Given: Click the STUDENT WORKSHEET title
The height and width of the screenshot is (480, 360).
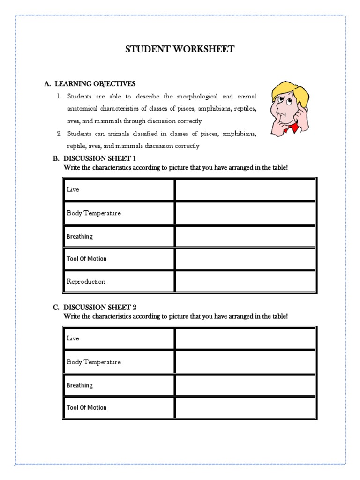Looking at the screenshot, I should pos(180,49).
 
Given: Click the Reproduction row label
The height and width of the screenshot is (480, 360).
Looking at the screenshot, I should pos(86,282).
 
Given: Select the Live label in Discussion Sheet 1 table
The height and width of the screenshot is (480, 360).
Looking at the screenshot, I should pos(73,190).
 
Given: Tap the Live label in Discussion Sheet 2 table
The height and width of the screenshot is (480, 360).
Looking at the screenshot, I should pos(73,338).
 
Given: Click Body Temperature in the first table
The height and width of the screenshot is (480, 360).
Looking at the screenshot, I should pos(93,213).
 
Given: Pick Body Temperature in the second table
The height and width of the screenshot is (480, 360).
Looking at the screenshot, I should pos(93,362).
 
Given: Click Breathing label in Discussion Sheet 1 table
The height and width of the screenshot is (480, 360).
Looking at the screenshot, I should pos(80,237).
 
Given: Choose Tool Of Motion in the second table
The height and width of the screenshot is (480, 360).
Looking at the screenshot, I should pos(86,408).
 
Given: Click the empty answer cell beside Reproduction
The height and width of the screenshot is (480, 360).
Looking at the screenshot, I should pos(245,282).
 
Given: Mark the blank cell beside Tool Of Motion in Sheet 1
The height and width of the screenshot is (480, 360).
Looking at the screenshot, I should pos(245,259).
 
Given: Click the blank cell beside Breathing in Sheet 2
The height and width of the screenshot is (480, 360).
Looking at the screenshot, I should pos(245,385).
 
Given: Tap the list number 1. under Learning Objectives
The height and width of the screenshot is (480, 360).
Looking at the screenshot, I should pos(60,97).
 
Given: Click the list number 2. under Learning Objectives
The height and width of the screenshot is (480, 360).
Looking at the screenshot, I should pos(60,134).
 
